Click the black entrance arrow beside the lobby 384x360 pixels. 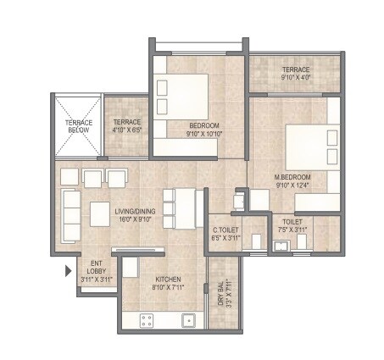pyautogui.click(x=69, y=272)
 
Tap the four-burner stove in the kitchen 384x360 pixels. pyautogui.click(x=146, y=321)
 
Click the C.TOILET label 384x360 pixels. pyautogui.click(x=227, y=230)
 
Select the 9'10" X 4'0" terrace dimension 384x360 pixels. pyautogui.click(x=297, y=77)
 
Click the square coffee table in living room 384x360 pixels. pyautogui.click(x=100, y=216)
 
